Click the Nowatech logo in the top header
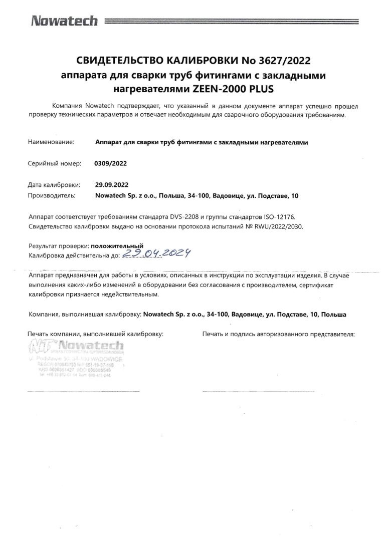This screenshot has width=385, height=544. (64, 21)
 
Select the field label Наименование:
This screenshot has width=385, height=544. (51, 142)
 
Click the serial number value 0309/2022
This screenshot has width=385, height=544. (110, 163)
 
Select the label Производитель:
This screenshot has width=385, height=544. (52, 196)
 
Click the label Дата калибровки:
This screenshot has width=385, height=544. (54, 185)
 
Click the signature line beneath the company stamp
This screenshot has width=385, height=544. (83, 392)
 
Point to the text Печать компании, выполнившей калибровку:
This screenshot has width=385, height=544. (96, 333)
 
